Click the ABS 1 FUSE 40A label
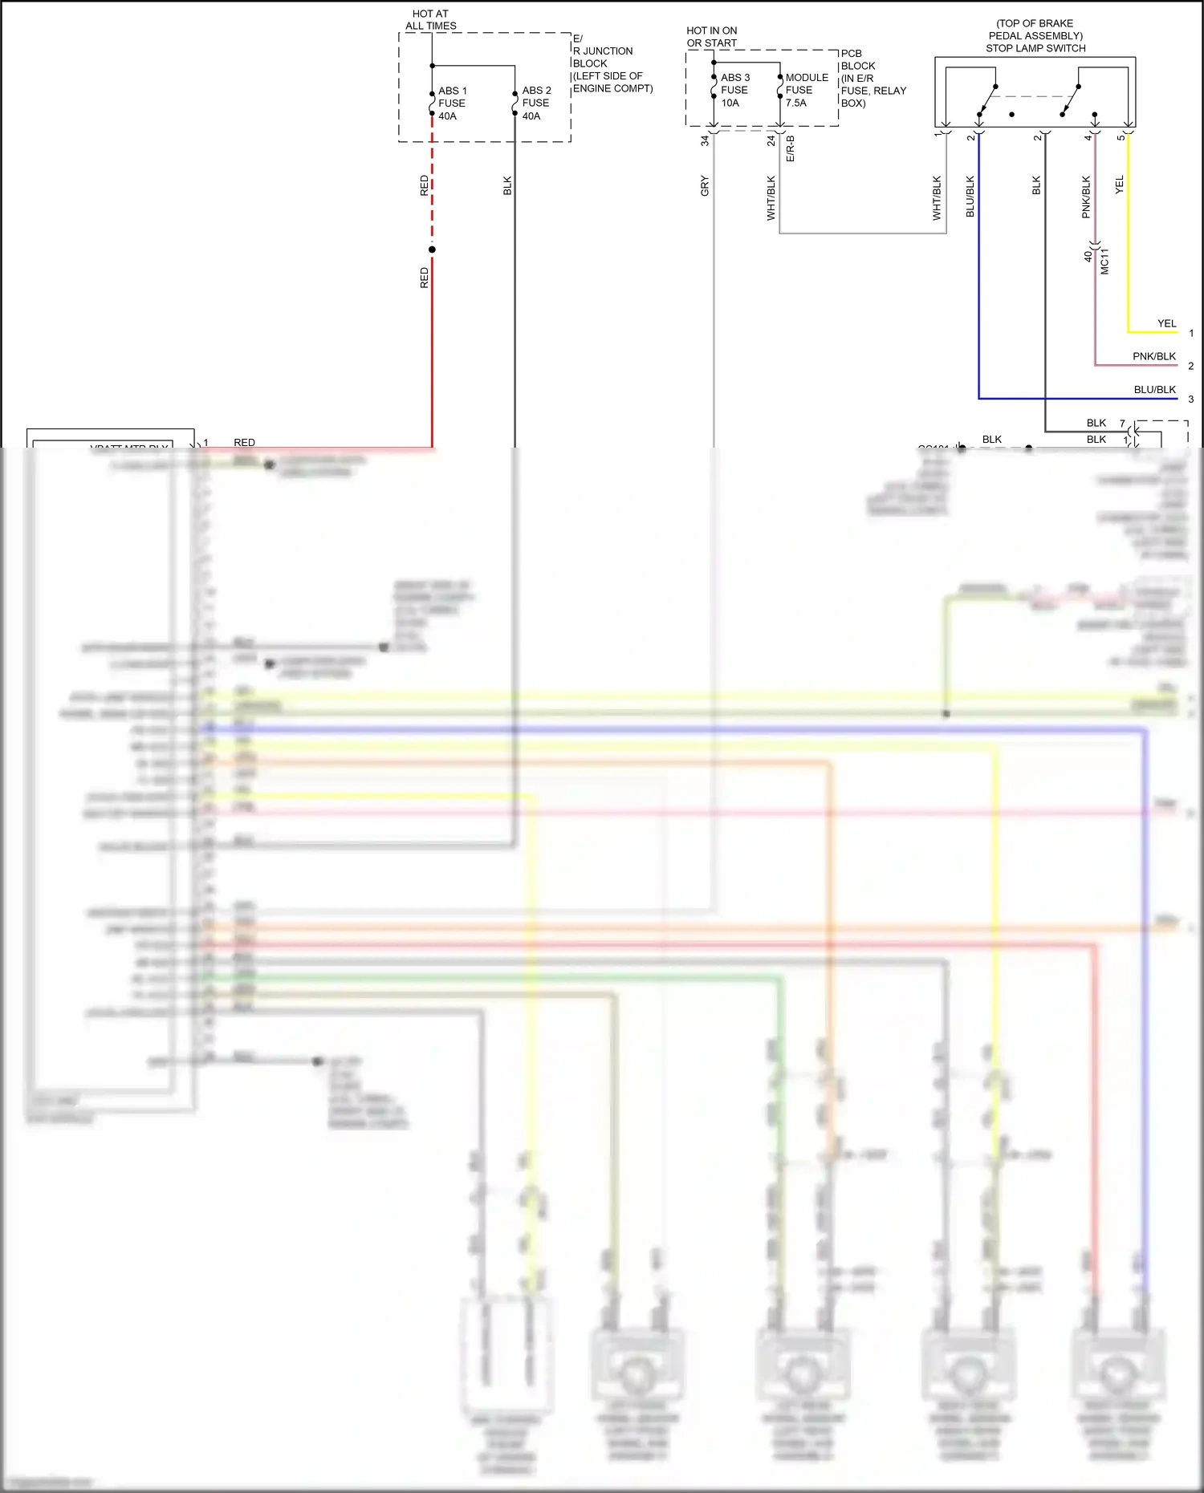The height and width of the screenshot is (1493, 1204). click(x=452, y=103)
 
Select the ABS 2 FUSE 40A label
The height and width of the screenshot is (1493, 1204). click(x=536, y=103)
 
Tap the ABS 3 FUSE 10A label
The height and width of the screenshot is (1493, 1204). click(x=734, y=90)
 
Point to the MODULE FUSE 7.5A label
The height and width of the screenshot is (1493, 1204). click(x=806, y=90)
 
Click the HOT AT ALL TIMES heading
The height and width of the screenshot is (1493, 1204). click(x=431, y=20)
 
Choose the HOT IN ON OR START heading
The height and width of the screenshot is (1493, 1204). click(x=711, y=37)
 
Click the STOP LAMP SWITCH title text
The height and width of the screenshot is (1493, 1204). click(x=1035, y=48)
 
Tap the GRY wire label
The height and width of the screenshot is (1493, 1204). click(x=705, y=186)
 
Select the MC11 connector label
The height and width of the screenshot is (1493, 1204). click(x=1104, y=262)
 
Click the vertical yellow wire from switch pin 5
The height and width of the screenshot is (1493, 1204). click(x=1128, y=241)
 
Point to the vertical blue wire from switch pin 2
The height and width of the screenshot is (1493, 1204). click(x=978, y=281)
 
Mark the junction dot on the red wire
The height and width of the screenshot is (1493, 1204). click(x=432, y=250)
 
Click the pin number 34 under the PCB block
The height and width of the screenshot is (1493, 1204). click(x=705, y=140)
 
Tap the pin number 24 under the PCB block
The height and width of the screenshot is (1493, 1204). click(x=771, y=140)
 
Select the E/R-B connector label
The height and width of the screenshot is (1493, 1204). click(x=790, y=148)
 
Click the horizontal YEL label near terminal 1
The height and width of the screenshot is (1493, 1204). click(x=1166, y=323)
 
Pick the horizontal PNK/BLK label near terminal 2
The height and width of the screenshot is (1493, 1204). click(x=1153, y=356)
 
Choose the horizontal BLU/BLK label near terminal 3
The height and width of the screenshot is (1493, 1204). click(x=1154, y=389)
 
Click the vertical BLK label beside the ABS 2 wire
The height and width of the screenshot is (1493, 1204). click(x=507, y=186)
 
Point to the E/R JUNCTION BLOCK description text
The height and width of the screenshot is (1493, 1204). click(x=612, y=63)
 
